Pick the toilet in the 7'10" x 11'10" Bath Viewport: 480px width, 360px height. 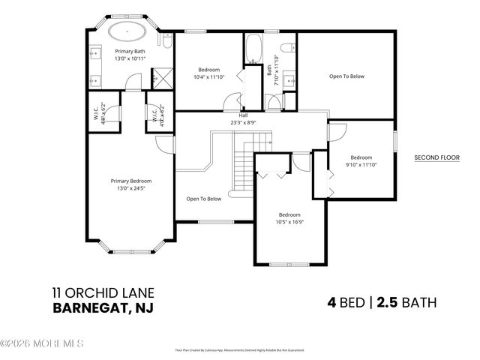(286, 49)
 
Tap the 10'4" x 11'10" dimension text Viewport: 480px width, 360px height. (209, 77)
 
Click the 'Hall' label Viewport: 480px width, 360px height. (244, 115)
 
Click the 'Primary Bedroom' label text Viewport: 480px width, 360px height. (131, 181)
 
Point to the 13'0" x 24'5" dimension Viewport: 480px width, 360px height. (131, 188)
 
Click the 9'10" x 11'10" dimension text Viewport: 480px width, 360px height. (361, 165)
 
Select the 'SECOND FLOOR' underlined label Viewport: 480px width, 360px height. (436, 158)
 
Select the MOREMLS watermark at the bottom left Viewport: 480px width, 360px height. (42, 343)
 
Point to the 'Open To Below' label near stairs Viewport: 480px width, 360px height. (204, 199)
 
